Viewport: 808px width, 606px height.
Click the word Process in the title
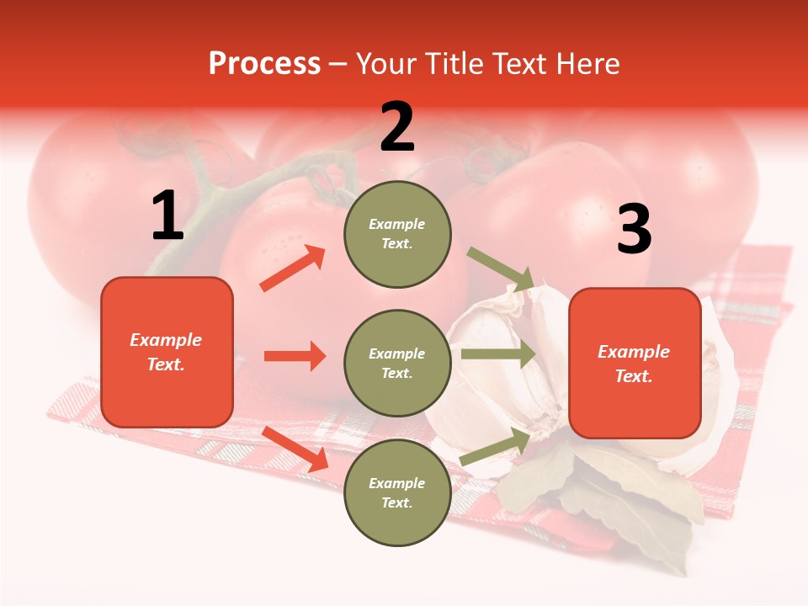coord(264,63)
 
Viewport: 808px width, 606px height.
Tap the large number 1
coord(167,216)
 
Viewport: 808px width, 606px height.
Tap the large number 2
coord(397,127)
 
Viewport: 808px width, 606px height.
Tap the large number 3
coord(634,230)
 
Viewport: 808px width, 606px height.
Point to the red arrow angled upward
coord(293,268)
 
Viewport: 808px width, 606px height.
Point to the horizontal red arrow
coord(295,356)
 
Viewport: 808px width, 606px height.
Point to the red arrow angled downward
coord(295,449)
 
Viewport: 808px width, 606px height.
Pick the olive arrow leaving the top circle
coord(500,268)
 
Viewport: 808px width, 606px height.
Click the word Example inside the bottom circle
coord(396,483)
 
